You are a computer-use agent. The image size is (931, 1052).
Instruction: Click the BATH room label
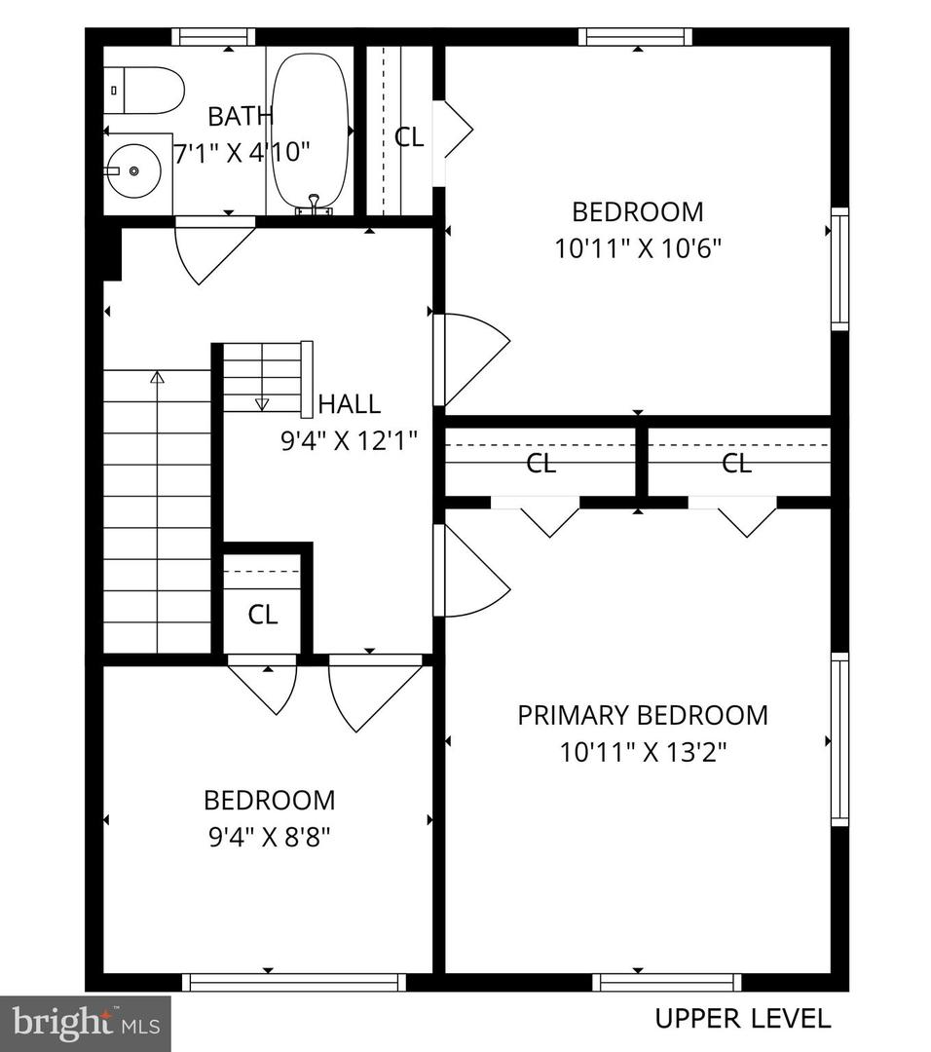coord(241,117)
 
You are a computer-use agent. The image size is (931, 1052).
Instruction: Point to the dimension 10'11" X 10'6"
coord(637,248)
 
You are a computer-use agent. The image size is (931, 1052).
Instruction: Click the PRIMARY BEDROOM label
coord(642,715)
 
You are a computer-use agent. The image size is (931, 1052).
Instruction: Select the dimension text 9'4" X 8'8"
coord(270,837)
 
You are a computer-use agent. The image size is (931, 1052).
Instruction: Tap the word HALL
coord(349,403)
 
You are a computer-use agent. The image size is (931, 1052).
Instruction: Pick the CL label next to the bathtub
coord(409,137)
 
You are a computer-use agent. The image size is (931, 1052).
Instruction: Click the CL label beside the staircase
coord(262,615)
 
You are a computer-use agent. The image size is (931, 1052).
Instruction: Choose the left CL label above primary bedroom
coord(540,464)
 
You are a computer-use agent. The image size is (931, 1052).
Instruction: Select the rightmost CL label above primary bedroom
coord(737,464)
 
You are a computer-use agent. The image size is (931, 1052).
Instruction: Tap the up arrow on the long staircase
coord(157,377)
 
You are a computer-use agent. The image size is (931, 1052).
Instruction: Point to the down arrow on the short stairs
coord(261,402)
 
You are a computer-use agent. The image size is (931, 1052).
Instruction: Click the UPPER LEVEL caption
coord(742,1019)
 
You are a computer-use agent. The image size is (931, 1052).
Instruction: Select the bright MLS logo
coord(85,1023)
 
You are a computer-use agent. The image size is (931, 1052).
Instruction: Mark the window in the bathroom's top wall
coord(213,37)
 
